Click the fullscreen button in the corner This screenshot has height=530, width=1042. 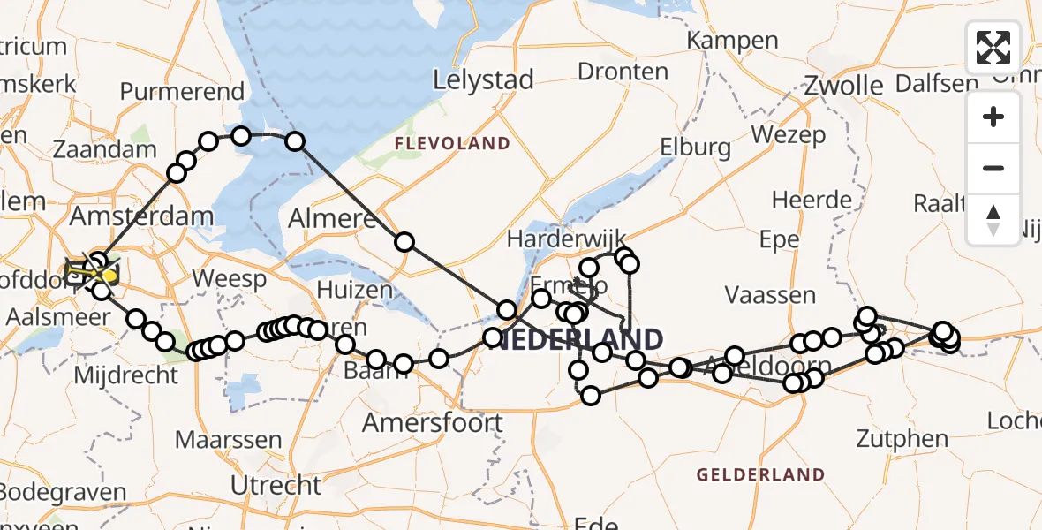pyautogui.click(x=993, y=48)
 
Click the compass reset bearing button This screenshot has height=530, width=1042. pyautogui.click(x=993, y=220)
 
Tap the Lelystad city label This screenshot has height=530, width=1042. pyautogui.click(x=484, y=80)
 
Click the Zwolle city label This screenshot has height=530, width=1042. pyautogui.click(x=843, y=86)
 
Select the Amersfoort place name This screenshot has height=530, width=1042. pyautogui.click(x=433, y=422)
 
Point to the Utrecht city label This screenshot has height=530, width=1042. pyautogui.click(x=276, y=485)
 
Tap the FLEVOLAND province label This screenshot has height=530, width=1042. pyautogui.click(x=452, y=143)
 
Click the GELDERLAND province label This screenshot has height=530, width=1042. pyautogui.click(x=760, y=474)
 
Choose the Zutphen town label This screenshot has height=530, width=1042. pyautogui.click(x=902, y=438)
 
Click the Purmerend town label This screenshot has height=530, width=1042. pyautogui.click(x=182, y=92)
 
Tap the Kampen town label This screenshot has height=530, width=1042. pyautogui.click(x=732, y=41)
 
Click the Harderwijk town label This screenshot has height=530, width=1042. pyautogui.click(x=566, y=238)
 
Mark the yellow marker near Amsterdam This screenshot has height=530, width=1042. pyautogui.click(x=109, y=276)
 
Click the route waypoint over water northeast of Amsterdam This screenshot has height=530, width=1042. pyautogui.click(x=295, y=141)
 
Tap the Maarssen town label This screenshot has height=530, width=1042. pyautogui.click(x=229, y=439)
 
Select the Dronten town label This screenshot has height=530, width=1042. pyautogui.click(x=623, y=71)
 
